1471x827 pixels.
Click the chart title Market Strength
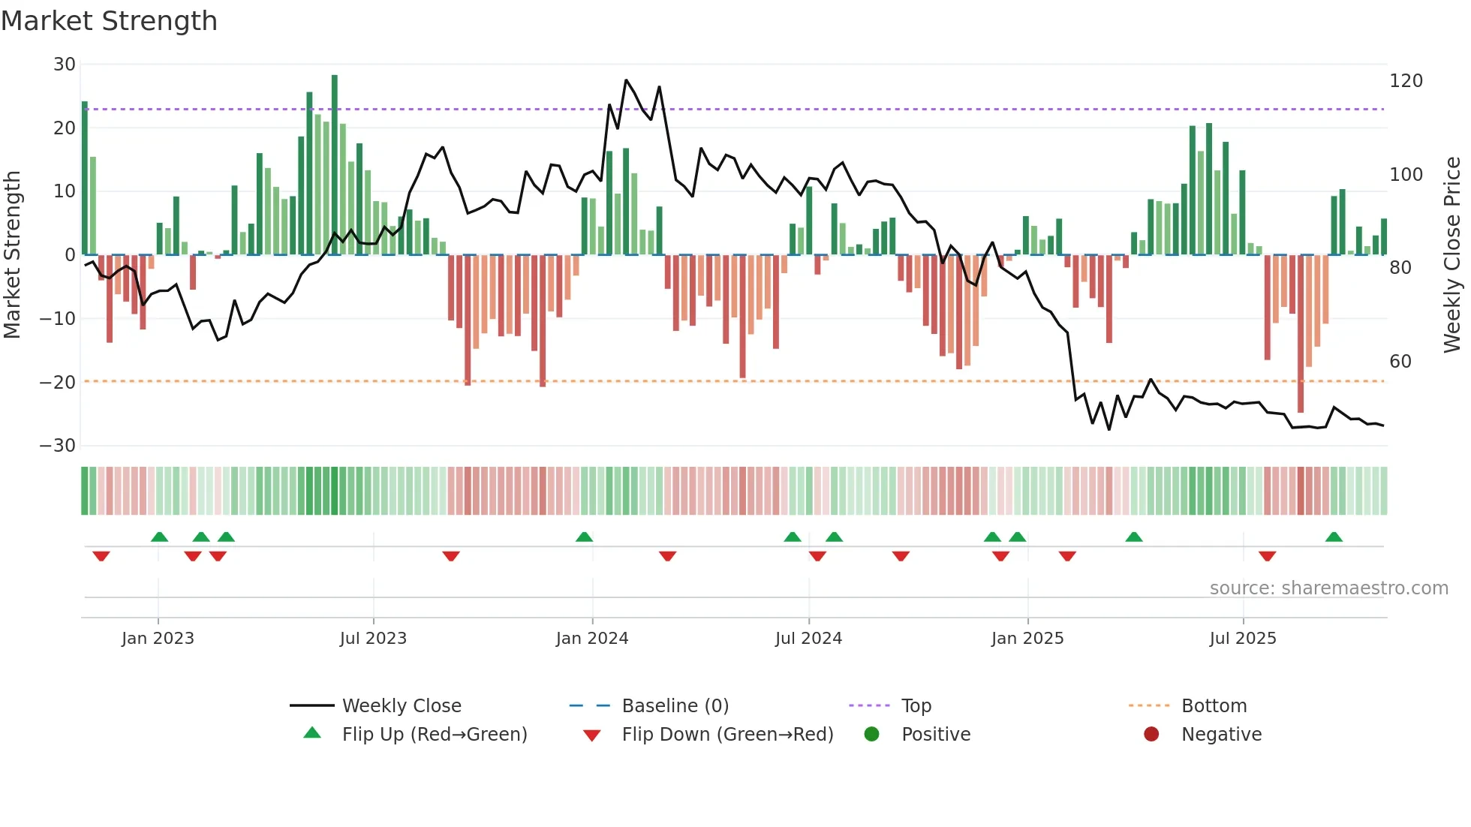pyautogui.click(x=109, y=20)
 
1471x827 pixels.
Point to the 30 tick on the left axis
pyautogui.click(x=65, y=65)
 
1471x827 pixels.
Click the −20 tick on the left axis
pyautogui.click(x=58, y=382)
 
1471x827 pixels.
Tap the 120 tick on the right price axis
pyautogui.click(x=1406, y=81)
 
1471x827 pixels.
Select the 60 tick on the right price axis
pyautogui.click(x=1400, y=362)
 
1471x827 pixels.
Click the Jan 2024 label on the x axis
pyautogui.click(x=592, y=639)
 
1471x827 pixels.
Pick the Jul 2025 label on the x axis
pyautogui.click(x=1243, y=639)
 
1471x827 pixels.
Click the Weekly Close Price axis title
pyautogui.click(x=1452, y=255)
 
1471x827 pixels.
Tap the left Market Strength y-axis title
pyautogui.click(x=12, y=255)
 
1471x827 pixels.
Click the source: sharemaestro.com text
pyautogui.click(x=1328, y=588)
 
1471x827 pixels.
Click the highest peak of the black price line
pyautogui.click(x=626, y=80)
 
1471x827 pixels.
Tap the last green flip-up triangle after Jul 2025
pyautogui.click(x=1334, y=537)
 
